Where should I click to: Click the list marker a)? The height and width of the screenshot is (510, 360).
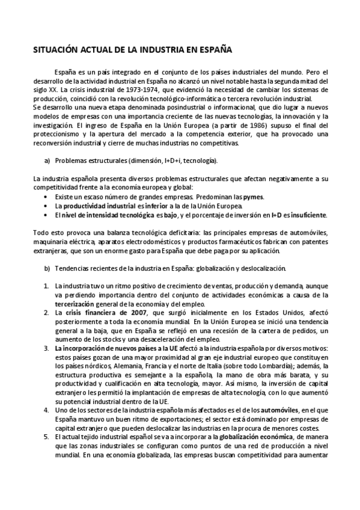(47, 161)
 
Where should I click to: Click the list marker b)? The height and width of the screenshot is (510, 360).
(47, 268)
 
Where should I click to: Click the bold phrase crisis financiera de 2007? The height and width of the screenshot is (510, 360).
(103, 313)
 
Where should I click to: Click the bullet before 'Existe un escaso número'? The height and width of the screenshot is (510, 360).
(47, 197)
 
